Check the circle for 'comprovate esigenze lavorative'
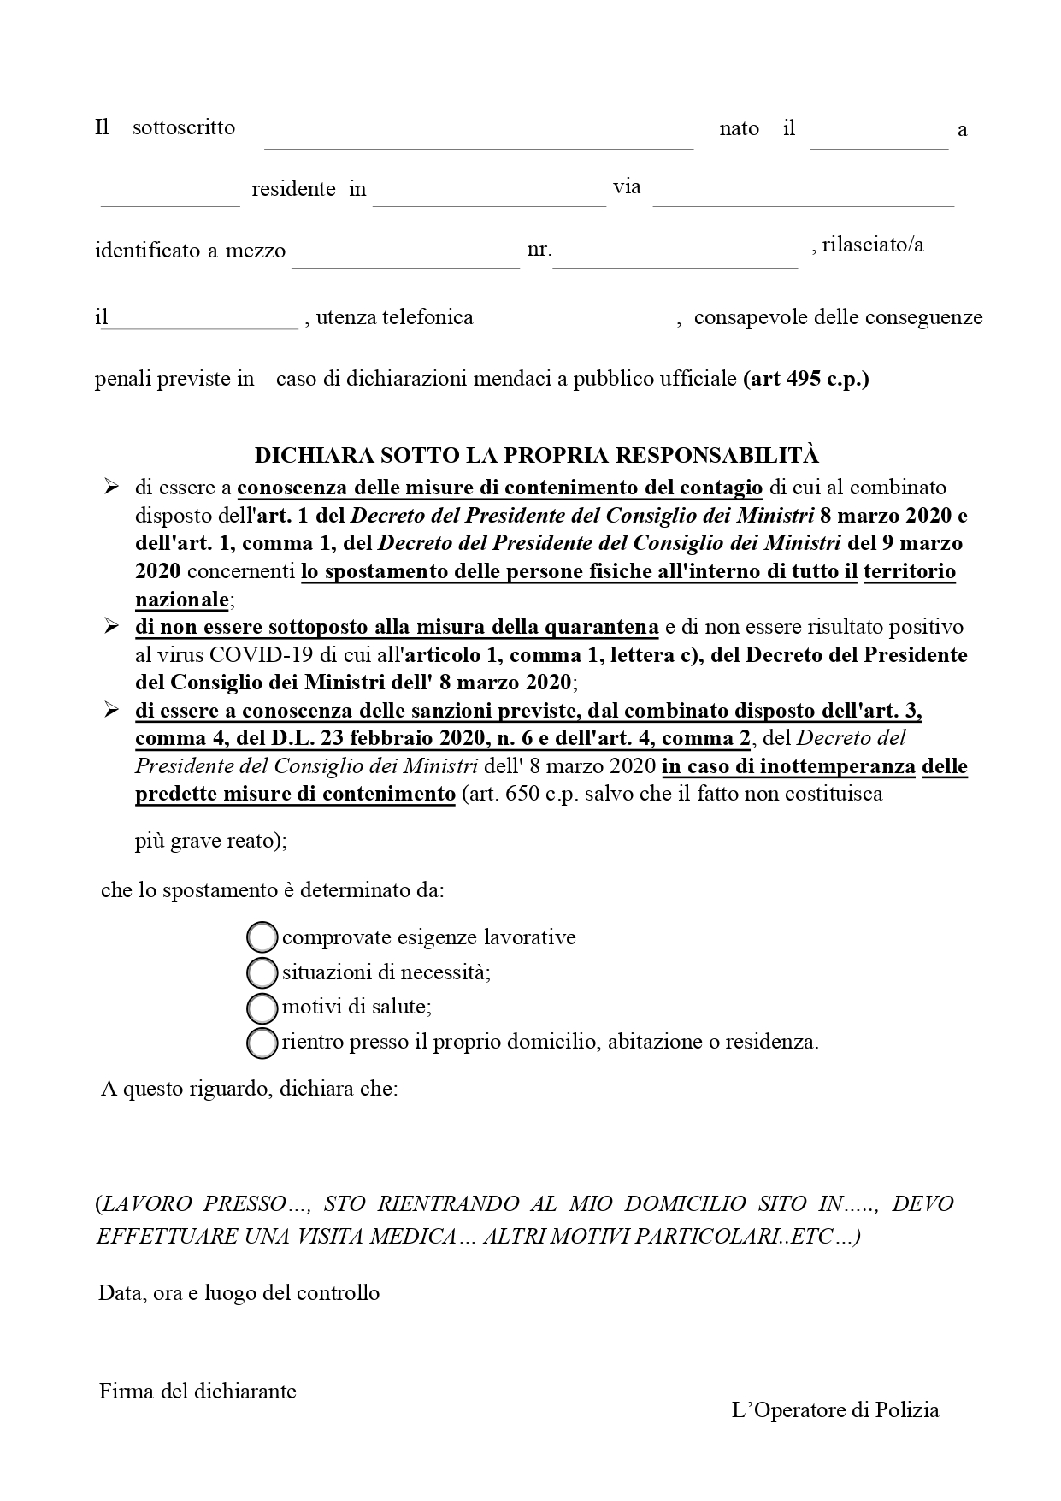pos(262,937)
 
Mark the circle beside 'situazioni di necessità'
pos(262,972)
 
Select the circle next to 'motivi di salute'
pos(262,1008)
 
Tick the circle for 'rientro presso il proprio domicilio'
pos(262,1043)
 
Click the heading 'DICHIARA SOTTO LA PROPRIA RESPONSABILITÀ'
pos(537,454)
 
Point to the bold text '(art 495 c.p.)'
pos(806,379)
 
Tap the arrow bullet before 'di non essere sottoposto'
pos(111,627)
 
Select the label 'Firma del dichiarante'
pos(197,1391)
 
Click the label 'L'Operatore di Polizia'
pos(835,1410)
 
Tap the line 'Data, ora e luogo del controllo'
pos(239,1292)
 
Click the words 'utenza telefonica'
pos(394,318)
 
